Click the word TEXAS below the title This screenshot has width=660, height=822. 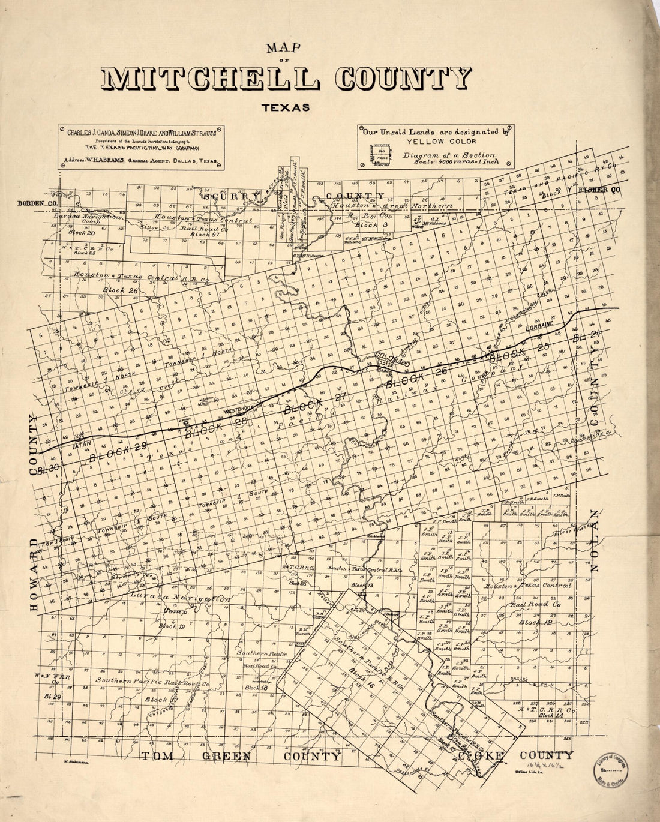pyautogui.click(x=285, y=109)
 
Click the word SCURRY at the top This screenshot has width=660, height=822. pyautogui.click(x=232, y=196)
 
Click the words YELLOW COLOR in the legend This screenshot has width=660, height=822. pyautogui.click(x=433, y=142)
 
